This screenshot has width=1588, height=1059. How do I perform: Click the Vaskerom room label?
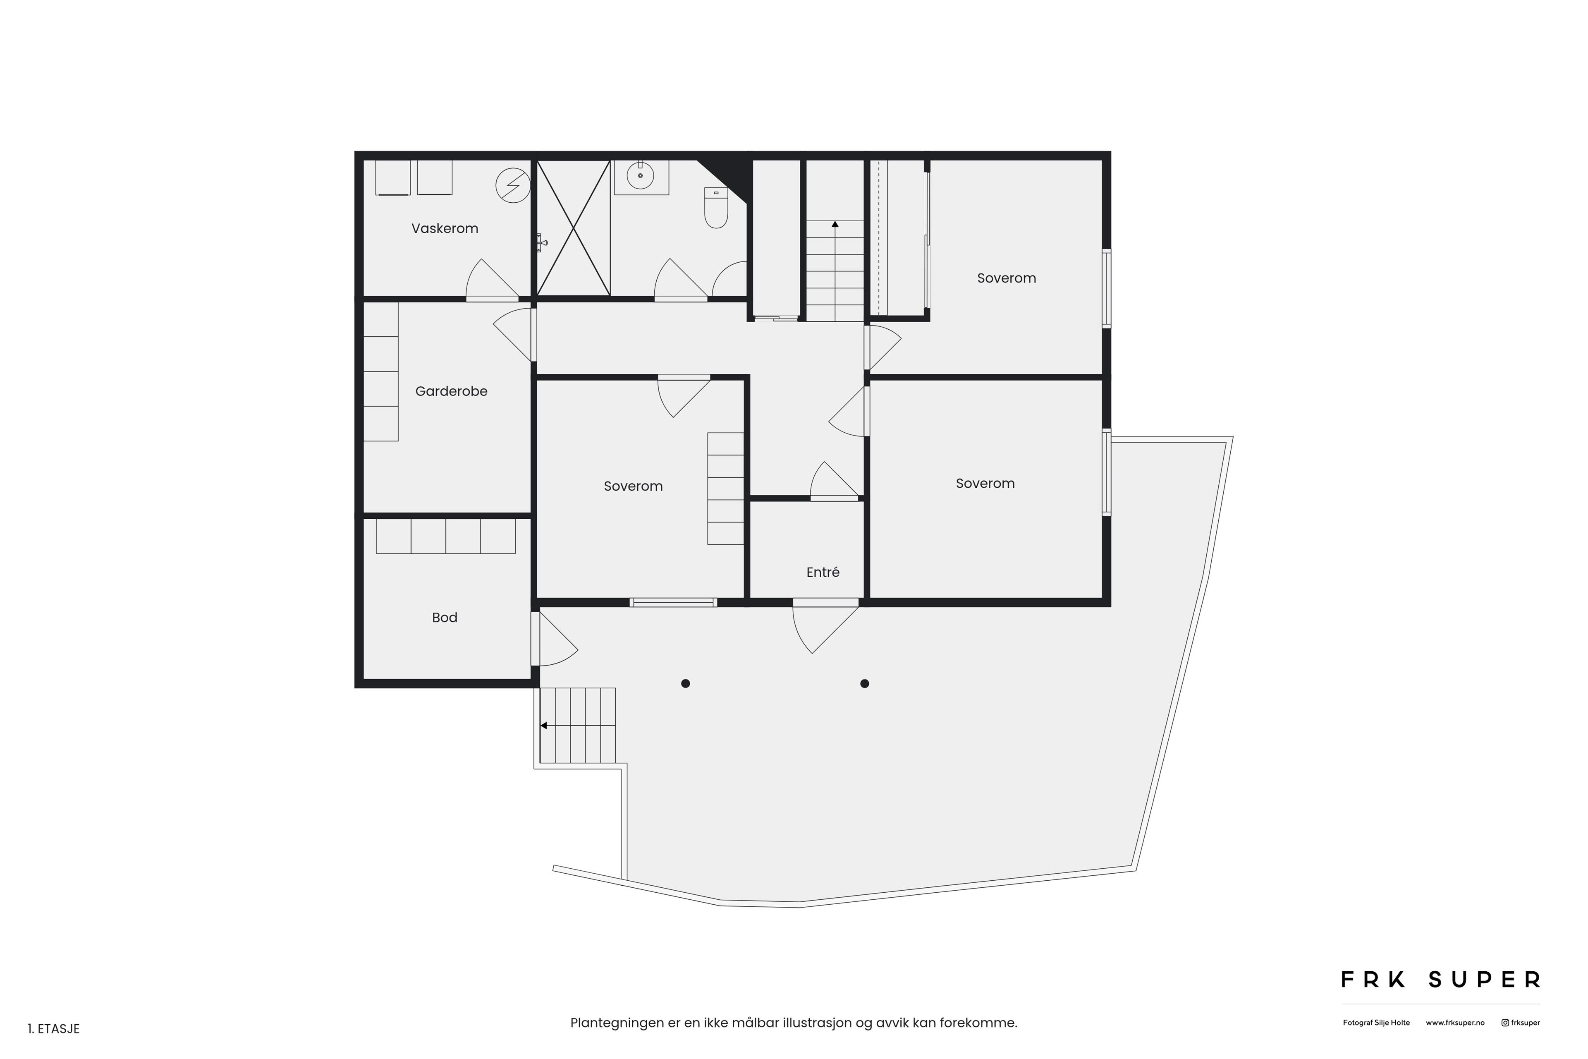pyautogui.click(x=445, y=229)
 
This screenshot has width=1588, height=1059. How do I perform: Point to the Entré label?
pyautogui.click(x=823, y=573)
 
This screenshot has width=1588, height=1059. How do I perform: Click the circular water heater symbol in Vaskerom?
pyautogui.click(x=513, y=185)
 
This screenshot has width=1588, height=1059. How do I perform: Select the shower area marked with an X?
pyautogui.click(x=573, y=228)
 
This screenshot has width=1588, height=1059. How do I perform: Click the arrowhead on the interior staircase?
pyautogui.click(x=835, y=224)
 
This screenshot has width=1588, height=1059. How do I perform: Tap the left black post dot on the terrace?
pyautogui.click(x=685, y=683)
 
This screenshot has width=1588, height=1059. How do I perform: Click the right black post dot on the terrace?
pyautogui.click(x=864, y=683)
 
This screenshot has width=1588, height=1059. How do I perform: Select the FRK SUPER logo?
pyautogui.click(x=1440, y=979)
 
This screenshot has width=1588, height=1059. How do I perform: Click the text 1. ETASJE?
pyautogui.click(x=54, y=1029)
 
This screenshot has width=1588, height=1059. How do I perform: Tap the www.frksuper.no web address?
pyautogui.click(x=1455, y=1023)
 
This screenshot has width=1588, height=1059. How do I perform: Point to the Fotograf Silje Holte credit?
pyautogui.click(x=1376, y=1023)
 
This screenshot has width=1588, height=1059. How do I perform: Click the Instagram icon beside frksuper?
pyautogui.click(x=1505, y=1023)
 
